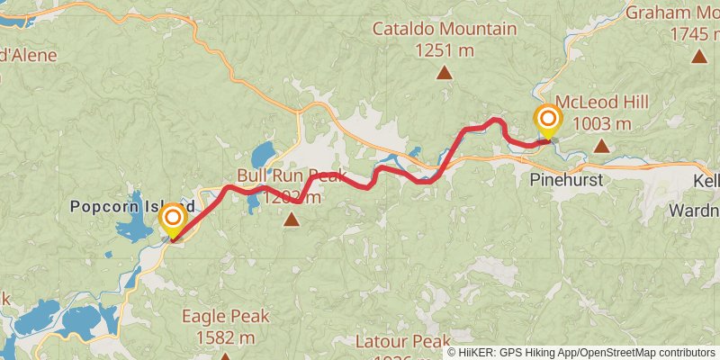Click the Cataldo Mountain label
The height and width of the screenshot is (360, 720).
tap(445, 29)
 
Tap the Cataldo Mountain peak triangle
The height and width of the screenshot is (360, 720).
tap(445, 72)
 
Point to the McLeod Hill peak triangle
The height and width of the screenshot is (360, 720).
tap(601, 144)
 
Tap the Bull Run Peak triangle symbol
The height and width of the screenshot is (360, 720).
tap(291, 217)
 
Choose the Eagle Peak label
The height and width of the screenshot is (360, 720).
tap(225, 317)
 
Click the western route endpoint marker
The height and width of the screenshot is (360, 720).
tap(172, 220)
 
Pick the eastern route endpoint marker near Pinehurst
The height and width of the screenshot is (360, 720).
tap(547, 121)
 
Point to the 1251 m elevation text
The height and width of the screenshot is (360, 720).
tap(445, 50)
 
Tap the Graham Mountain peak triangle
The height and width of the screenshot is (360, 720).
tap(698, 57)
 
